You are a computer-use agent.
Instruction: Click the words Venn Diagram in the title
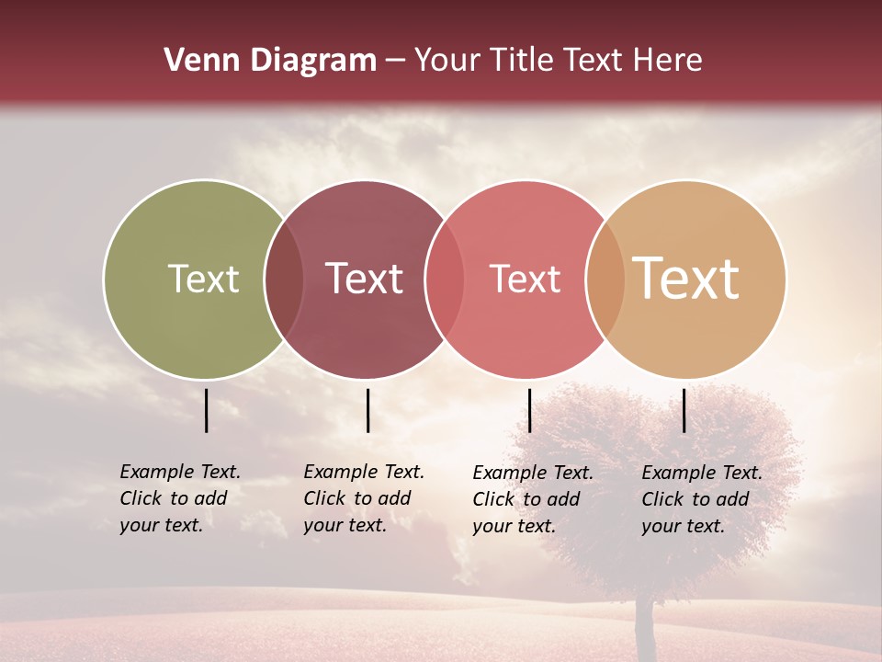click(x=270, y=61)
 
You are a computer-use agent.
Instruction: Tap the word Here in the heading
click(x=667, y=61)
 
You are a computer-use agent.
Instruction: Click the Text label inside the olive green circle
click(x=203, y=280)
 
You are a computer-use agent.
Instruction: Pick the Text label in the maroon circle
click(x=365, y=280)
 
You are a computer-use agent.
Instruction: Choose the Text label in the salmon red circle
click(x=525, y=280)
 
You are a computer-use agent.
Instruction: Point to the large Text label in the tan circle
click(x=686, y=279)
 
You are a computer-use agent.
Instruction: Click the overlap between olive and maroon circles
click(x=285, y=280)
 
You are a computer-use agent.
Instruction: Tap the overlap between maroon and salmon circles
click(x=445, y=280)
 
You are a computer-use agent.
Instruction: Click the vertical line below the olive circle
click(x=207, y=410)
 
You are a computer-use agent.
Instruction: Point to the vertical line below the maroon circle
click(x=367, y=410)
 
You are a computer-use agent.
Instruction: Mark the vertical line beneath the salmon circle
click(x=529, y=410)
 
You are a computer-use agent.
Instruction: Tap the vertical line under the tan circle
click(x=684, y=410)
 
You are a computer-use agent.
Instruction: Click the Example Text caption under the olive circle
click(x=180, y=498)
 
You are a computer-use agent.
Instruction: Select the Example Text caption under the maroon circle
click(x=364, y=498)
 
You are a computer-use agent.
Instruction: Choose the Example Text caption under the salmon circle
click(x=533, y=499)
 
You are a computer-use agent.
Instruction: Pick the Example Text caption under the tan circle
click(x=702, y=499)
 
